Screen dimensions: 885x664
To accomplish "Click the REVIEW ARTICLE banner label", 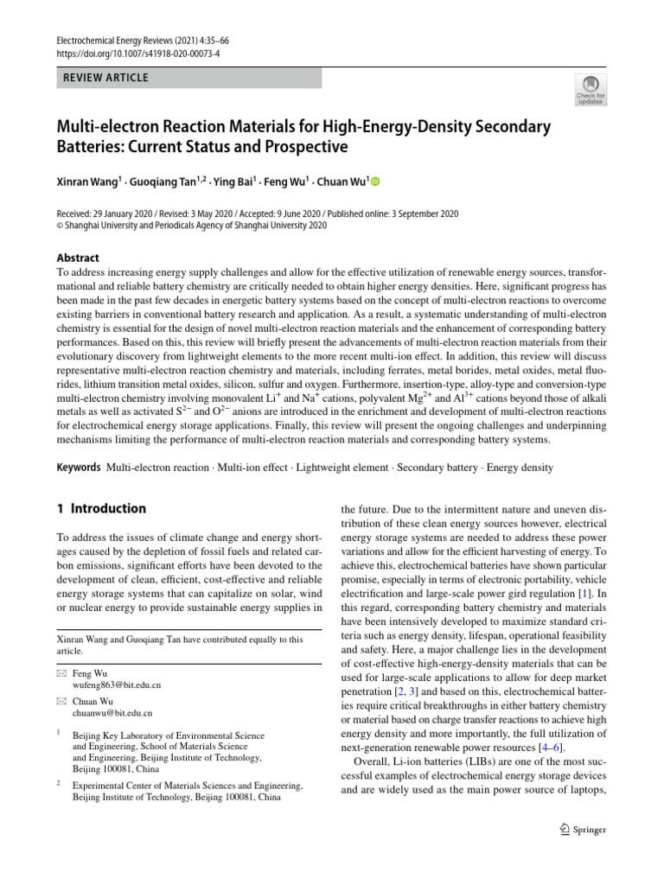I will (x=103, y=78).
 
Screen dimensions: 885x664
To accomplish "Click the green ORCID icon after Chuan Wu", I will (x=376, y=182).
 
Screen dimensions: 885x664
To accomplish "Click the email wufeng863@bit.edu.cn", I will (x=117, y=684).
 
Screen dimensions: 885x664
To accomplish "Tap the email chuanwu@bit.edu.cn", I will (x=112, y=713).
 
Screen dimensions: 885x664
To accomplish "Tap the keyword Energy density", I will (x=520, y=468).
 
